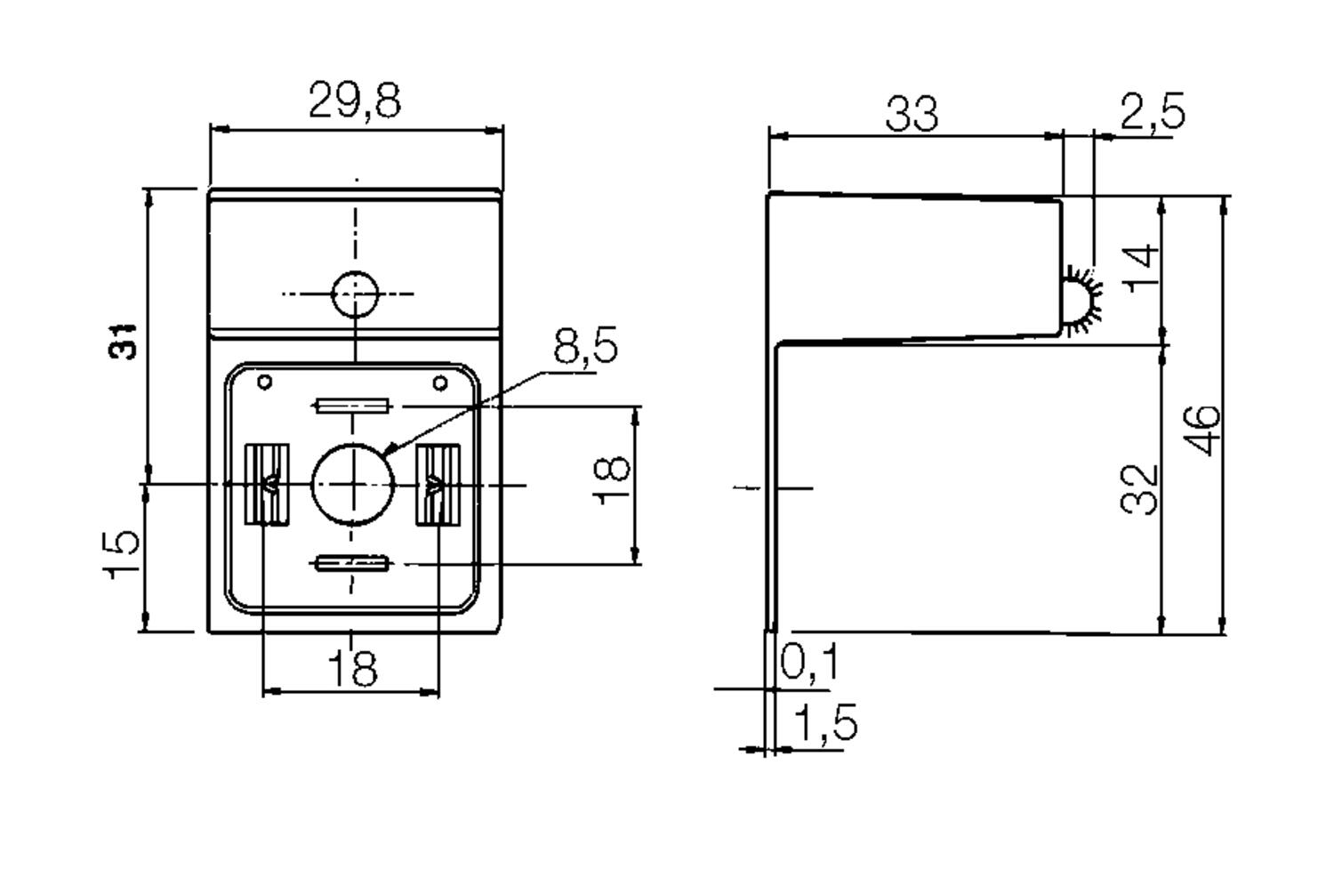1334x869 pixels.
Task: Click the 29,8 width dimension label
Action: (355, 101)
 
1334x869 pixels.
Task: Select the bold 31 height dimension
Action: (123, 342)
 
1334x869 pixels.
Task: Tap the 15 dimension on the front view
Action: (122, 554)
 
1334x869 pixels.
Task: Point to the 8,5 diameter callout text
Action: (585, 344)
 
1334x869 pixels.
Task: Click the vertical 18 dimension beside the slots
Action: (612, 480)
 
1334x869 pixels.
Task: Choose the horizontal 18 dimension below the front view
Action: (352, 668)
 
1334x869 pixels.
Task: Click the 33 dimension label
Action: (912, 113)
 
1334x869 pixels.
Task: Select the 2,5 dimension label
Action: (1153, 111)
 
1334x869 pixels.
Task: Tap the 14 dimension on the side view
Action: (1141, 269)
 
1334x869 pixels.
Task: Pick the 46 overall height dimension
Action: (1201, 430)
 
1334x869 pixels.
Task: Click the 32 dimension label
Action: (1138, 489)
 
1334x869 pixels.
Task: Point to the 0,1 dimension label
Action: (808, 661)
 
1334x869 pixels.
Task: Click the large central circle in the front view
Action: (352, 484)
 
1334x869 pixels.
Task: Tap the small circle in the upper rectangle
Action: (355, 294)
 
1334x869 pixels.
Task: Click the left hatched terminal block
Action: (268, 484)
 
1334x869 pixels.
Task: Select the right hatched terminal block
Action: (438, 484)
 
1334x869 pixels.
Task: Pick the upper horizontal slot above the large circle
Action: (352, 406)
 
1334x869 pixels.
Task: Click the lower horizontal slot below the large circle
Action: (352, 562)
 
